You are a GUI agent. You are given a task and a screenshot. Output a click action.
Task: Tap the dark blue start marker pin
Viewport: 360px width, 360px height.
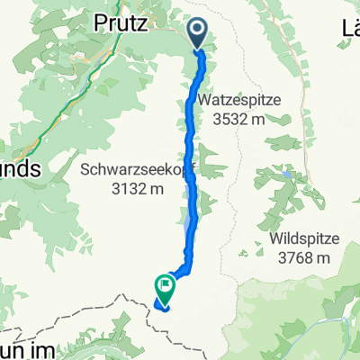click(x=198, y=35)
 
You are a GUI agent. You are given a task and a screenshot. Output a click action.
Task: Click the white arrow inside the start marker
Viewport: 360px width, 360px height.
click(x=198, y=32)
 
